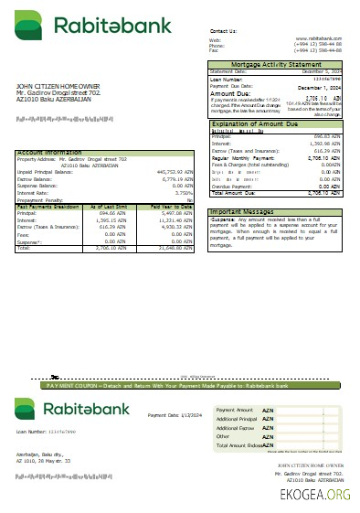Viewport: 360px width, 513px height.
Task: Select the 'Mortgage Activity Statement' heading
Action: (x=278, y=64)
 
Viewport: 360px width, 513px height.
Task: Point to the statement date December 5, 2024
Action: (x=321, y=70)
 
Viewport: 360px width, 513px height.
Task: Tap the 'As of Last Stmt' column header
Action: (x=116, y=208)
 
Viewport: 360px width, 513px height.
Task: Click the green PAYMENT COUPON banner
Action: (x=180, y=387)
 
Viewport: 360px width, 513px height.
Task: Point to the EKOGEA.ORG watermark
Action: (x=315, y=494)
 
